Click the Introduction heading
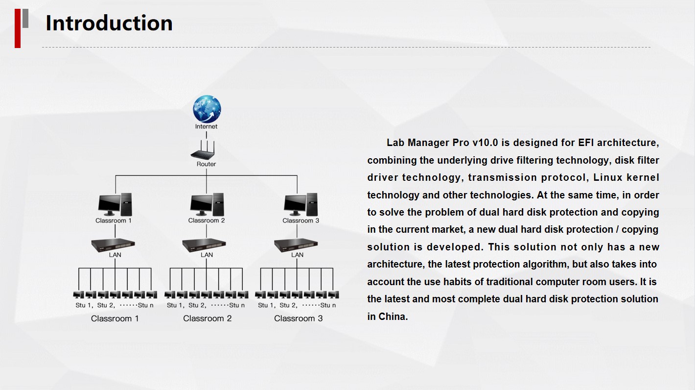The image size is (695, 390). [109, 23]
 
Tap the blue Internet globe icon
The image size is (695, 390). [207, 109]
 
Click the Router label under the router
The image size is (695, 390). [207, 164]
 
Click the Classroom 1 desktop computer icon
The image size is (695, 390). [115, 204]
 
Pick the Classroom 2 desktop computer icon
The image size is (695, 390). [207, 204]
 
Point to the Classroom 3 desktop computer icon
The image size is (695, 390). [301, 204]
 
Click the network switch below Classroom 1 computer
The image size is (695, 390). [113, 245]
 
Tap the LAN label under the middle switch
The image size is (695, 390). [207, 255]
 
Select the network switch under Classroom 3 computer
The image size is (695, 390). [296, 245]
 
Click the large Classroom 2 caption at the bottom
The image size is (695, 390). [207, 318]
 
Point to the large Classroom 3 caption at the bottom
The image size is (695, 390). [298, 318]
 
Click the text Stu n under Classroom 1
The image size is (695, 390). [146, 305]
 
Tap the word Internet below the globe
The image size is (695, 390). [207, 126]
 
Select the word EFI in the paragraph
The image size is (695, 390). [586, 143]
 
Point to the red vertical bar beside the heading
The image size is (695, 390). [18, 28]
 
